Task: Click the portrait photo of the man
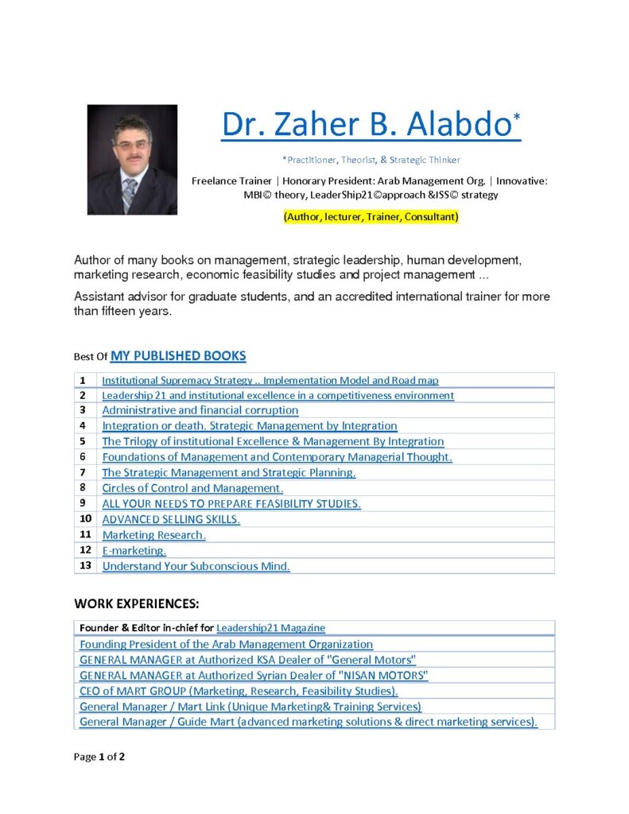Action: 132,159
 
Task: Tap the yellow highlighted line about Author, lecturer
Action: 371,216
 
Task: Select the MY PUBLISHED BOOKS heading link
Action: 178,355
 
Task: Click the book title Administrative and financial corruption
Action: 200,410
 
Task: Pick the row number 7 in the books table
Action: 83,472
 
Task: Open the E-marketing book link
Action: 134,550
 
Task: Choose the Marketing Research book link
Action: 153,535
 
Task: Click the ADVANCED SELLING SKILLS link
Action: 171,519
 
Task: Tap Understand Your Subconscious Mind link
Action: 196,566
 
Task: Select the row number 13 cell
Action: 86,566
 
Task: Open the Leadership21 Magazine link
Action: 270,628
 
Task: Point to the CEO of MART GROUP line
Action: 239,691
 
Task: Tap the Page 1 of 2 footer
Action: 99,757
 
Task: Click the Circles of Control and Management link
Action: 192,488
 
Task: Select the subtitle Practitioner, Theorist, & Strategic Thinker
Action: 371,160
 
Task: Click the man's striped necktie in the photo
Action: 129,192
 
